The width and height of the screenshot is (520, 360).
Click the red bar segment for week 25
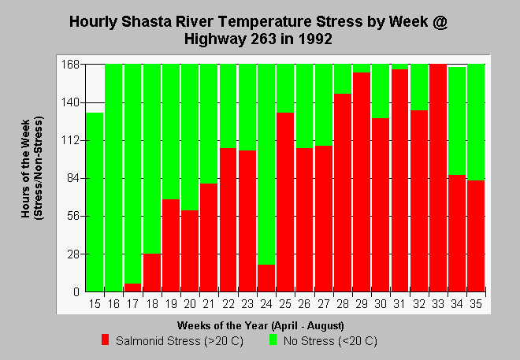[285, 202]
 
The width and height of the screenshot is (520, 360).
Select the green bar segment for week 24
[266, 165]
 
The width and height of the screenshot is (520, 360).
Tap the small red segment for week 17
[132, 288]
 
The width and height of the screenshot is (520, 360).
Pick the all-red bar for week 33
[438, 178]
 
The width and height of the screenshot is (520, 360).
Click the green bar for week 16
[113, 178]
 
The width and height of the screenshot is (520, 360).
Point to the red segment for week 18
[152, 273]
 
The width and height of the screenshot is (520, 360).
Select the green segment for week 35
[476, 122]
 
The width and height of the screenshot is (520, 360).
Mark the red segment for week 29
[362, 182]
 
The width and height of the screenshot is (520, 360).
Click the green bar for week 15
[95, 202]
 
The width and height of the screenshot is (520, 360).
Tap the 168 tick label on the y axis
[70, 65]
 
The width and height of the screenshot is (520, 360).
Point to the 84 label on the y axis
[73, 178]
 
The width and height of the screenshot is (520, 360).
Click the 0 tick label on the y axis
[76, 292]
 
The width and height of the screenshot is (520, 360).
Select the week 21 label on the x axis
[209, 303]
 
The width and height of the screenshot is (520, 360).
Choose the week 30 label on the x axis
[381, 303]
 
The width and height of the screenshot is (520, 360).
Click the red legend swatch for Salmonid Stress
[105, 340]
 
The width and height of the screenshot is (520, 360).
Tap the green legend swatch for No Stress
[273, 340]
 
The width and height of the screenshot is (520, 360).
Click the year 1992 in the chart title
[314, 39]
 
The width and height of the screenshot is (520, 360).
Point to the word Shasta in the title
[147, 22]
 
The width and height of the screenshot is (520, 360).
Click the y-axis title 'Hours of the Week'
[25, 169]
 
